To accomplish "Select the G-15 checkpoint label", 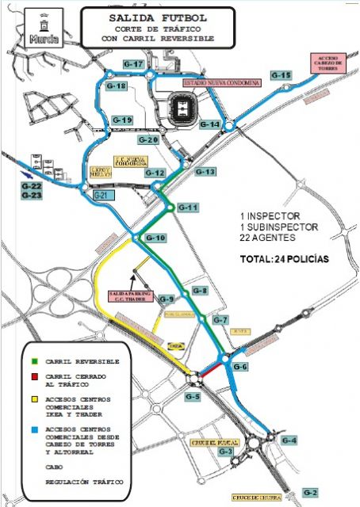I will pyautogui.click(x=281, y=74).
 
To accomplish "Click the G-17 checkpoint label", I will pyautogui.click(x=132, y=63).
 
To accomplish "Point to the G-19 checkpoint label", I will pyautogui.click(x=122, y=120).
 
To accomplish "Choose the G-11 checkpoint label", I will pyautogui.click(x=187, y=207).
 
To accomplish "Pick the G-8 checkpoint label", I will pyautogui.click(x=199, y=292).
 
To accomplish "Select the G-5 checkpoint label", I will pyautogui.click(x=192, y=395).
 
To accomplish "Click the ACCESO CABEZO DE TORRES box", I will pyautogui.click(x=327, y=61).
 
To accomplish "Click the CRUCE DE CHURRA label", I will pyautogui.click(x=254, y=497).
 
